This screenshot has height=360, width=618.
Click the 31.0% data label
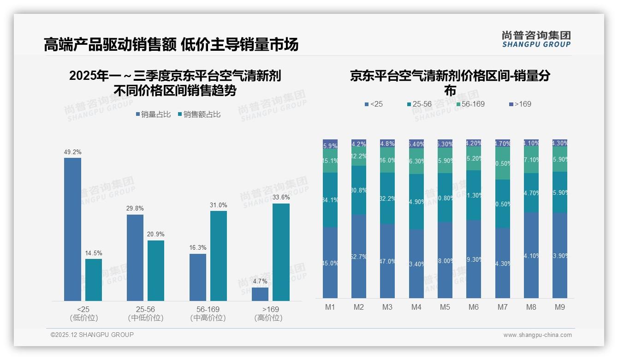218,205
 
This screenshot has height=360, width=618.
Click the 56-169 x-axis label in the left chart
208,309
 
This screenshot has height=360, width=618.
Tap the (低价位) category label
83,318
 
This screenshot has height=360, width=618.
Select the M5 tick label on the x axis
445,307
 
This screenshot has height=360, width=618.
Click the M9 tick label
559,307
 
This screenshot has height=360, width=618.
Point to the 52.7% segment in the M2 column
359,256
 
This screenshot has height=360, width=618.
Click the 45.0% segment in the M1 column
330,263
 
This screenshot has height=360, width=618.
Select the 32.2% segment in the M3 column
387,198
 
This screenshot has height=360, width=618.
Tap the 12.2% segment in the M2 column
359,157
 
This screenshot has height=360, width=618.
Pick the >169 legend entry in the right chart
520,104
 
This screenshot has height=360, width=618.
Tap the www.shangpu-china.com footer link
537,335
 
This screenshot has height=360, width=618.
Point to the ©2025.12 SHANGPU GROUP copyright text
92,335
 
